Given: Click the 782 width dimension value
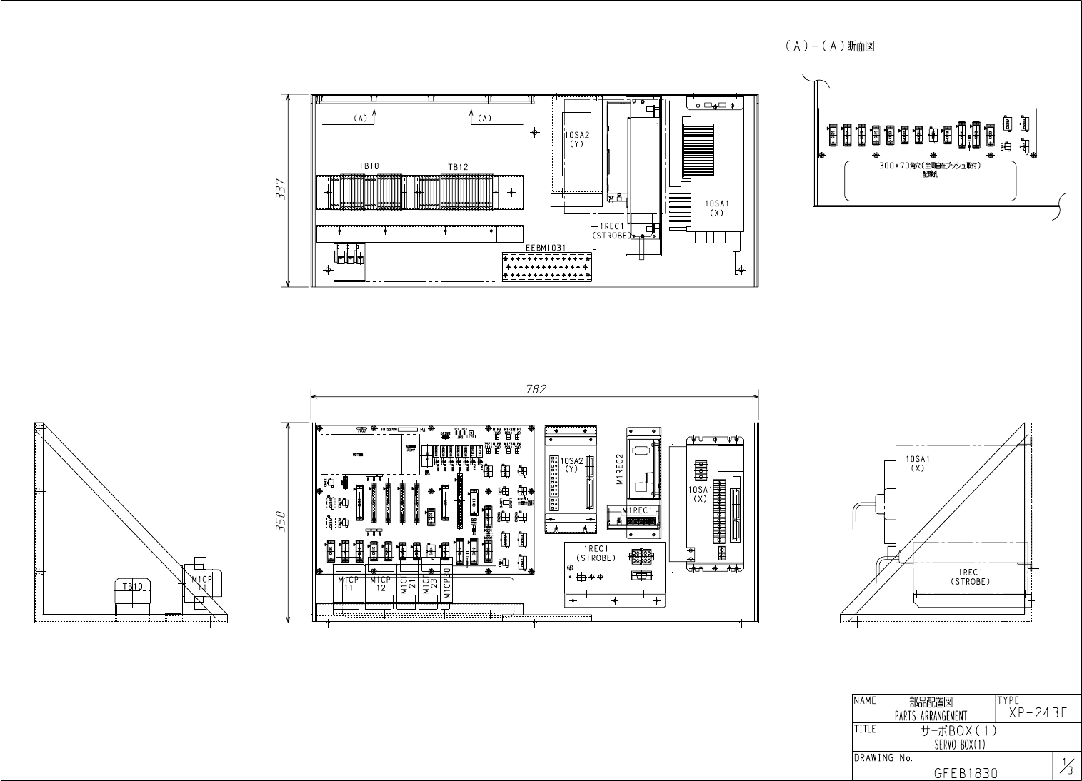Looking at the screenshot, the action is pyautogui.click(x=536, y=389).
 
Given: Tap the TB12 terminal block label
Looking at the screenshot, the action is pyautogui.click(x=458, y=167).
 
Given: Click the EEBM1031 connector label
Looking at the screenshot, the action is pyautogui.click(x=546, y=248).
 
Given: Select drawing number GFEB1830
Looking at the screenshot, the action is pyautogui.click(x=966, y=772).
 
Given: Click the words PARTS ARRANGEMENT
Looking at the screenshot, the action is pyautogui.click(x=931, y=716).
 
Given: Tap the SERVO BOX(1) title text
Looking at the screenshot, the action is pyautogui.click(x=959, y=745).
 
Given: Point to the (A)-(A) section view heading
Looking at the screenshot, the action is pyautogui.click(x=830, y=46).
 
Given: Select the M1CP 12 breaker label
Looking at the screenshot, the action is pyautogui.click(x=381, y=584).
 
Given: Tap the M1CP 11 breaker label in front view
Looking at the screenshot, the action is pyautogui.click(x=349, y=584).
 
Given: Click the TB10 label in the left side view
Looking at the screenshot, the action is pyautogui.click(x=133, y=586).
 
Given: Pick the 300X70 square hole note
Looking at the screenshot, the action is pyautogui.click(x=930, y=166).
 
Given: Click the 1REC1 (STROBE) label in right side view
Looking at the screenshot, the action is pyautogui.click(x=970, y=576).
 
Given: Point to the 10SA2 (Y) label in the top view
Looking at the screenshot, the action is pyautogui.click(x=576, y=138).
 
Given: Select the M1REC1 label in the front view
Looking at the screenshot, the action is pyautogui.click(x=638, y=510).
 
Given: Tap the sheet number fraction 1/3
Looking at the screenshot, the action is pyautogui.click(x=1066, y=767).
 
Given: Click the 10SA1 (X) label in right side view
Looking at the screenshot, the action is pyautogui.click(x=918, y=463).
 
